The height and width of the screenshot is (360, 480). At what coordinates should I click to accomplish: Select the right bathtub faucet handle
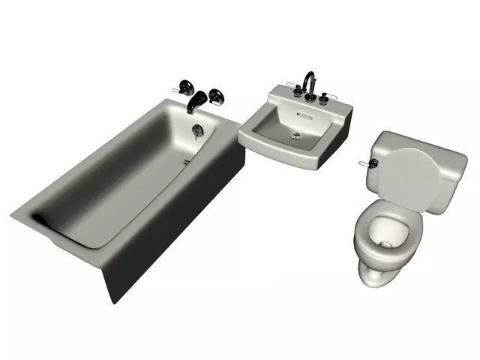click(217, 95)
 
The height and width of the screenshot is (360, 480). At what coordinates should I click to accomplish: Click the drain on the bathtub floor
click(186, 160)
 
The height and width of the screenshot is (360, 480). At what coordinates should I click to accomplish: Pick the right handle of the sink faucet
click(324, 96)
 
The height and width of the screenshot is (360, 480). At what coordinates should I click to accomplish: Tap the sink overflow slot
click(304, 115)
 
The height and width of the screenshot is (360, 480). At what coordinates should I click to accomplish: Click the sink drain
click(296, 135)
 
